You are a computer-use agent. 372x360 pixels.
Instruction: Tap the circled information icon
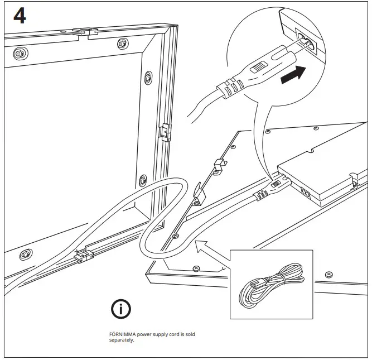pyautogui.click(x=121, y=308)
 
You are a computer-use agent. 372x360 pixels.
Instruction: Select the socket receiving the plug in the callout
pyautogui.click(x=306, y=41)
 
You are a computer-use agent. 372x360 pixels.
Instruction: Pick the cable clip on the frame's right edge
pyautogui.click(x=165, y=132)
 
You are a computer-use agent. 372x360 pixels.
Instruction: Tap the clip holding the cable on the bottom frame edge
pyautogui.click(x=83, y=256)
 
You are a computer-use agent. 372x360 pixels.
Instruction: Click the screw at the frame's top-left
pyautogui.click(x=20, y=54)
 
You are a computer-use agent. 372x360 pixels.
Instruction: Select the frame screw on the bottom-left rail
pyautogui.click(x=25, y=255)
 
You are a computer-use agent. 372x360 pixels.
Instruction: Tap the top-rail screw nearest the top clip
pyautogui.click(x=122, y=44)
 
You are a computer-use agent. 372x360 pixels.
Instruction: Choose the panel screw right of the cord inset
pyautogui.click(x=329, y=275)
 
